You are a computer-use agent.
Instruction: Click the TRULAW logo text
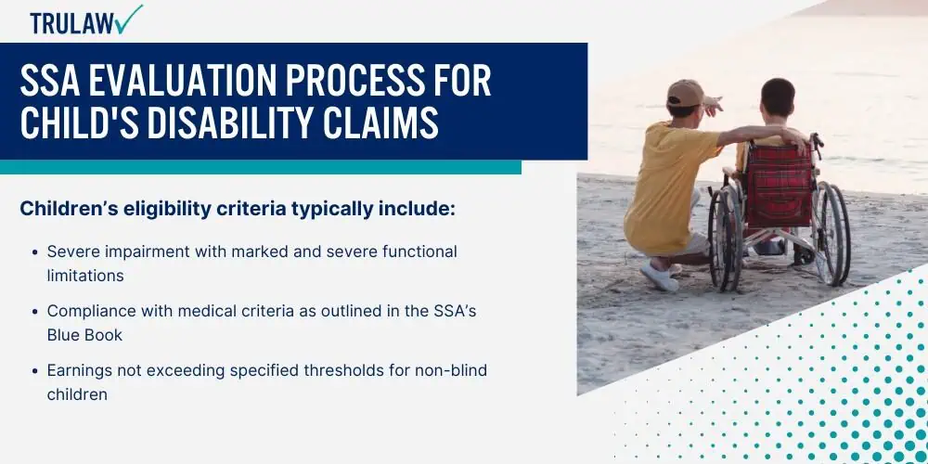(x=72, y=23)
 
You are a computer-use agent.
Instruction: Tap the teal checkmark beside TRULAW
(x=130, y=19)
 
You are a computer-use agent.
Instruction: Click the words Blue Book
(x=84, y=335)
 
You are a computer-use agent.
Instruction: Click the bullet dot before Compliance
(x=35, y=311)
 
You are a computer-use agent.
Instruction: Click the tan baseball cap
(x=687, y=94)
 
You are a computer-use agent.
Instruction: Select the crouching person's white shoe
(x=659, y=277)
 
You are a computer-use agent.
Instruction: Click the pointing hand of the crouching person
(x=713, y=106)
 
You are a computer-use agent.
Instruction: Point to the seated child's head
(x=777, y=99)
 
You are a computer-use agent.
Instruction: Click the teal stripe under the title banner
(x=261, y=167)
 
